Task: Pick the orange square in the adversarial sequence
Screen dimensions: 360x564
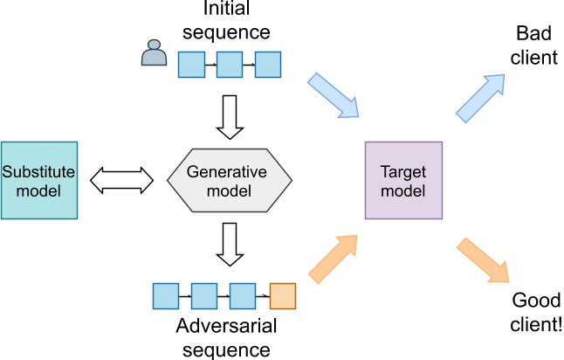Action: tap(284, 296)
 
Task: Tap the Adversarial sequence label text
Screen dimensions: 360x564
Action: tap(224, 339)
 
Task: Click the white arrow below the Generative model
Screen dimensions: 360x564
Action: tap(229, 242)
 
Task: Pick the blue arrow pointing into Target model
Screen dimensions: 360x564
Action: tap(334, 96)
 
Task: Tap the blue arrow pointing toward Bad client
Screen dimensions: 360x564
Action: tap(480, 96)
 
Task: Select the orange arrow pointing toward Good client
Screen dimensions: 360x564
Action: tap(481, 261)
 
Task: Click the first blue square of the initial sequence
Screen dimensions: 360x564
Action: tap(192, 64)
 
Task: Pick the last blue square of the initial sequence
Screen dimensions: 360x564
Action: tap(267, 64)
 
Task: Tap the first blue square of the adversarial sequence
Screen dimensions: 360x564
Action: tap(166, 296)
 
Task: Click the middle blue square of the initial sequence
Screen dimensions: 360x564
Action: tap(230, 64)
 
